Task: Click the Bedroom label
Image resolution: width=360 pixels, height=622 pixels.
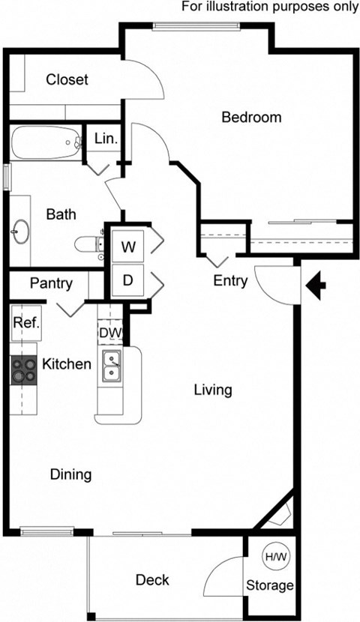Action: [x=251, y=117]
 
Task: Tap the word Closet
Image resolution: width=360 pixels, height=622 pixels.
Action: [x=67, y=79]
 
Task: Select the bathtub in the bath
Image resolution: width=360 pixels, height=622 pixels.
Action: [x=46, y=141]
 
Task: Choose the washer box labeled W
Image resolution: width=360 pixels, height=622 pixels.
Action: [x=128, y=247]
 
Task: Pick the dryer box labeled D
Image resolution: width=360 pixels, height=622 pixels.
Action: [x=128, y=281]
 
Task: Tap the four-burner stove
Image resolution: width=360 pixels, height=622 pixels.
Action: [x=23, y=369]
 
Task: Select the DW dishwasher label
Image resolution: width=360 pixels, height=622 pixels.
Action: [x=108, y=332]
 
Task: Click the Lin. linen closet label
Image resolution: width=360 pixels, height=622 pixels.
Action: [x=103, y=138]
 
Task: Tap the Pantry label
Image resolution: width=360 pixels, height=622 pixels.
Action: [x=51, y=283]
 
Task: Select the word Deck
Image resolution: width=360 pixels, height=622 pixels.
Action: [x=152, y=579]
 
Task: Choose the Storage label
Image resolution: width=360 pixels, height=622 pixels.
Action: [x=271, y=585]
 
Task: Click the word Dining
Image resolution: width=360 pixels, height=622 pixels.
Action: [x=70, y=474]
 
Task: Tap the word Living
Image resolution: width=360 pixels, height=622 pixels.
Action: [x=213, y=390]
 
